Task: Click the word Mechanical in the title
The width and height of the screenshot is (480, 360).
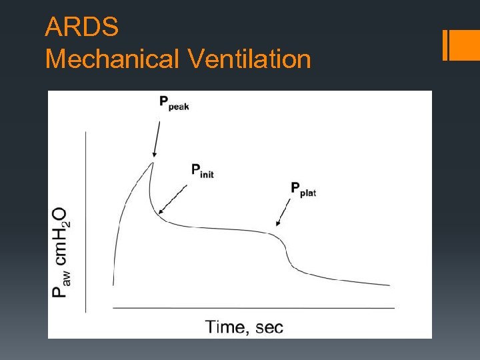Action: [x=112, y=59]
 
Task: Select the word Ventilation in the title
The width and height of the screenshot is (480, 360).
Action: [x=249, y=59]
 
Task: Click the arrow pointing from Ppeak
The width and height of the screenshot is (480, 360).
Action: [x=156, y=137]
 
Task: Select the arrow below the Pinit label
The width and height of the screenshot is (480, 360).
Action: [x=173, y=199]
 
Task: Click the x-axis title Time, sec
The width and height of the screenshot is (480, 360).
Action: [x=244, y=327]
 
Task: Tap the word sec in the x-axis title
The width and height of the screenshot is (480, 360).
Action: [x=269, y=327]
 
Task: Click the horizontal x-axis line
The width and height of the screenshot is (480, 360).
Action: [x=253, y=308]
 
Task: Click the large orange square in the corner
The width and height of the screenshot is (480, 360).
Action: [x=465, y=45]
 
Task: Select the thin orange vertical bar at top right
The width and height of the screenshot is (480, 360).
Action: [x=445, y=45]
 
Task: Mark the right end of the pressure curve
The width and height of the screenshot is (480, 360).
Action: [x=389, y=285]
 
